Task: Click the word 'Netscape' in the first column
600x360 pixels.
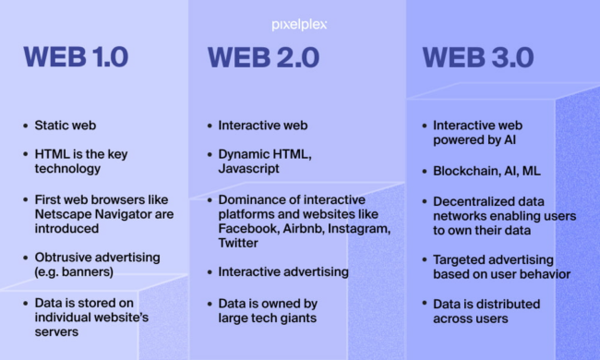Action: click(69, 214)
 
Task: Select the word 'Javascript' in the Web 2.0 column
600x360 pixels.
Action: click(246, 170)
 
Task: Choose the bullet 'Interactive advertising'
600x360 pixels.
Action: click(282, 271)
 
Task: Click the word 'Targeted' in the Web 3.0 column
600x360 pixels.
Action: click(459, 259)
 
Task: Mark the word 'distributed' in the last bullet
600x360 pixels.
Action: click(491, 303)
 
